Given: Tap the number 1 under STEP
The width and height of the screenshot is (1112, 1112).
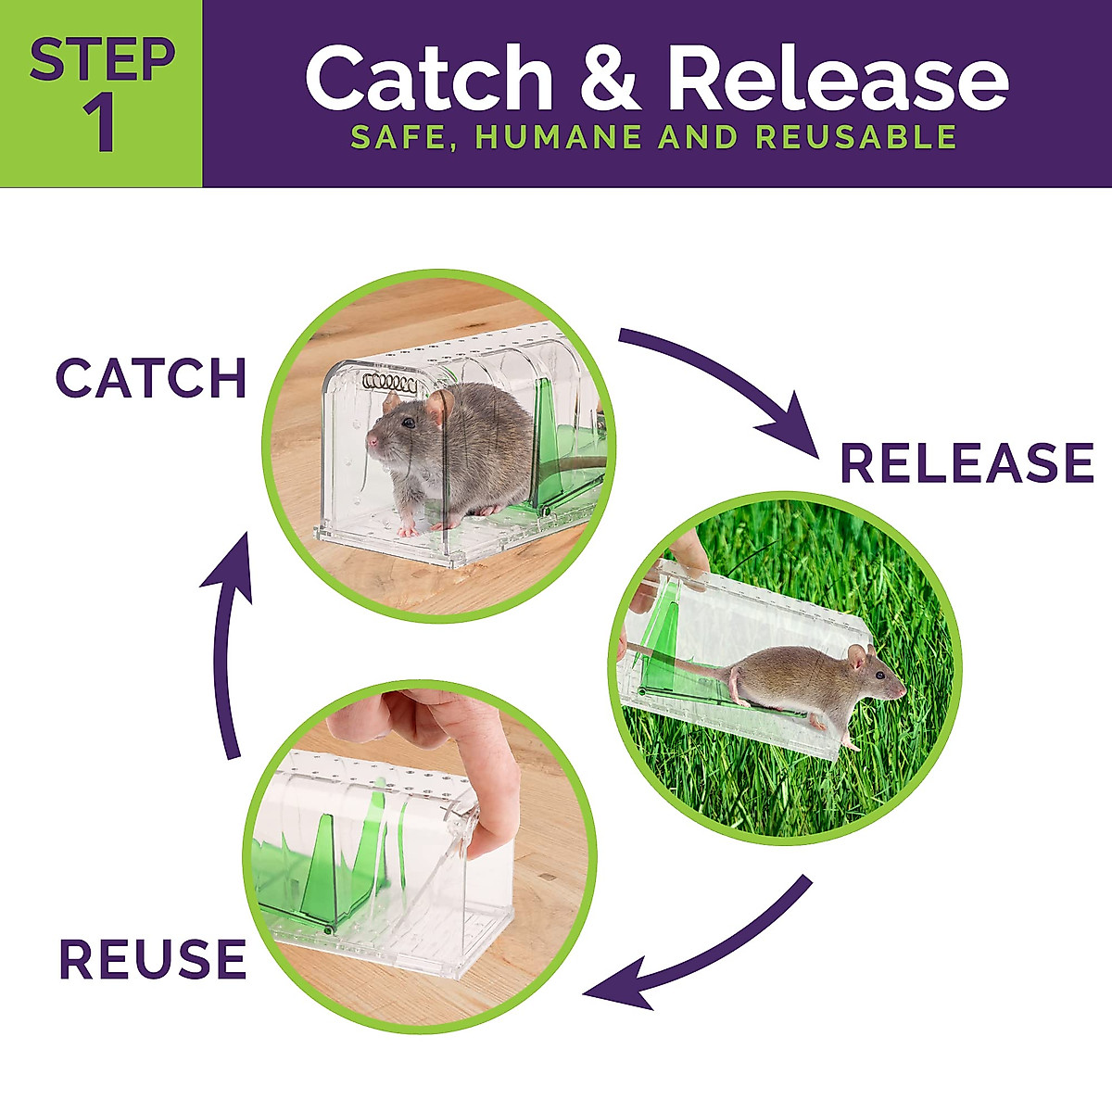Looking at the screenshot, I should (x=100, y=126).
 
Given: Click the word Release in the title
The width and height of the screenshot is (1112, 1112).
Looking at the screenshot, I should (x=838, y=80).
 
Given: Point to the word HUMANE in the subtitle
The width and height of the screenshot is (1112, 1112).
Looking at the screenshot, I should (x=558, y=137).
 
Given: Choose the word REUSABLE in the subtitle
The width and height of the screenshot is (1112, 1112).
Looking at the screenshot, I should (x=856, y=137).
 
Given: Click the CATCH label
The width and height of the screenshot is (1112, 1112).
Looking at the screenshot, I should (x=151, y=378).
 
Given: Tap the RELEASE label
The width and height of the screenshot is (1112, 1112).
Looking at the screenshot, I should (x=967, y=463).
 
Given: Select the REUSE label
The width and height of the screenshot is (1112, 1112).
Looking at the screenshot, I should (x=153, y=959).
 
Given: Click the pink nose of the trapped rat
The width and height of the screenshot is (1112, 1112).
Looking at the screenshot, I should (x=371, y=440).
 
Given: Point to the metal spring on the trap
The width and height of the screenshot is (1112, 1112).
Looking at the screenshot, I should (x=389, y=381).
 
